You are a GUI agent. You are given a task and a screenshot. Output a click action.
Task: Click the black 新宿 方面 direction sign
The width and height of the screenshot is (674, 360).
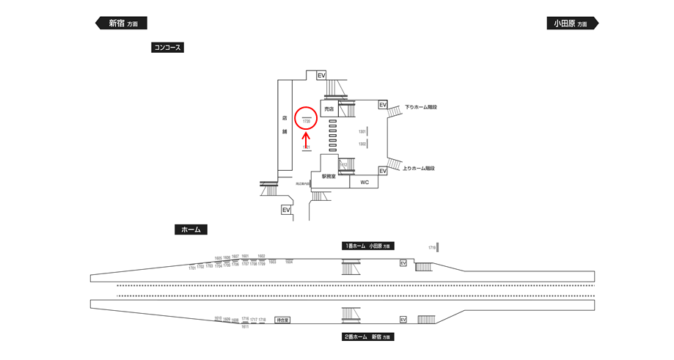pyautogui.click(x=122, y=23)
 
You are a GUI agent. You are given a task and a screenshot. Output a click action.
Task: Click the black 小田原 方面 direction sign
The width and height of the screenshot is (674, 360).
pyautogui.click(x=572, y=23)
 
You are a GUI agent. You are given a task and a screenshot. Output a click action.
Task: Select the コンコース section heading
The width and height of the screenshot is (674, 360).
pyautogui.click(x=166, y=48)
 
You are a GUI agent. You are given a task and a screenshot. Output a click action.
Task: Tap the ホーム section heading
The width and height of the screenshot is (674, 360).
pyautogui.click(x=191, y=229)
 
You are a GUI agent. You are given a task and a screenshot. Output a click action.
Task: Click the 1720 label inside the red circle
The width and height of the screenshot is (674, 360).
pyautogui.click(x=307, y=122)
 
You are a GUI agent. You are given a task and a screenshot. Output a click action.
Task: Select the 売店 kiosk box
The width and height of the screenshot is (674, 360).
pyautogui.click(x=329, y=108)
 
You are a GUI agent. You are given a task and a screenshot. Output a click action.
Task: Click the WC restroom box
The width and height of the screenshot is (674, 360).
pyautogui.click(x=364, y=182)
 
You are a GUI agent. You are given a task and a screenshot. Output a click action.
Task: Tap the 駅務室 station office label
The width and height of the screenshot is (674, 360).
pyautogui.click(x=328, y=177)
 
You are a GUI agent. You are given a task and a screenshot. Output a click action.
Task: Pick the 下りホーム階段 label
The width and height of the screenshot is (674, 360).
pyautogui.click(x=421, y=107)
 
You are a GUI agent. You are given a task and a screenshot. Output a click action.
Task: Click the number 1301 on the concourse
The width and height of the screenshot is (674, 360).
pyautogui.click(x=362, y=131)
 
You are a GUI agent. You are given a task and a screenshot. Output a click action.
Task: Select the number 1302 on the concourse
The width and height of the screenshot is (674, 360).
pyautogui.click(x=362, y=144)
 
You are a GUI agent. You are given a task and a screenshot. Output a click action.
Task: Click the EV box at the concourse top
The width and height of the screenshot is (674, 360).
pyautogui.click(x=320, y=76)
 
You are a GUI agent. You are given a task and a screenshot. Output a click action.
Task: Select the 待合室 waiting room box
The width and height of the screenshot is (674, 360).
pyautogui.click(x=282, y=320)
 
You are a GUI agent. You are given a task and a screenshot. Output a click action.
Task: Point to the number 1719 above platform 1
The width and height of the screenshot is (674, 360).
pyautogui.click(x=432, y=248)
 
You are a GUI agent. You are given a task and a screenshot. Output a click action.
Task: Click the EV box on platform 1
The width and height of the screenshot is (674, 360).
pyautogui.click(x=403, y=262)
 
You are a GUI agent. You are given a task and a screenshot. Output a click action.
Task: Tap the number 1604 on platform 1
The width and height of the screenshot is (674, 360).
pyautogui.click(x=289, y=262)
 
